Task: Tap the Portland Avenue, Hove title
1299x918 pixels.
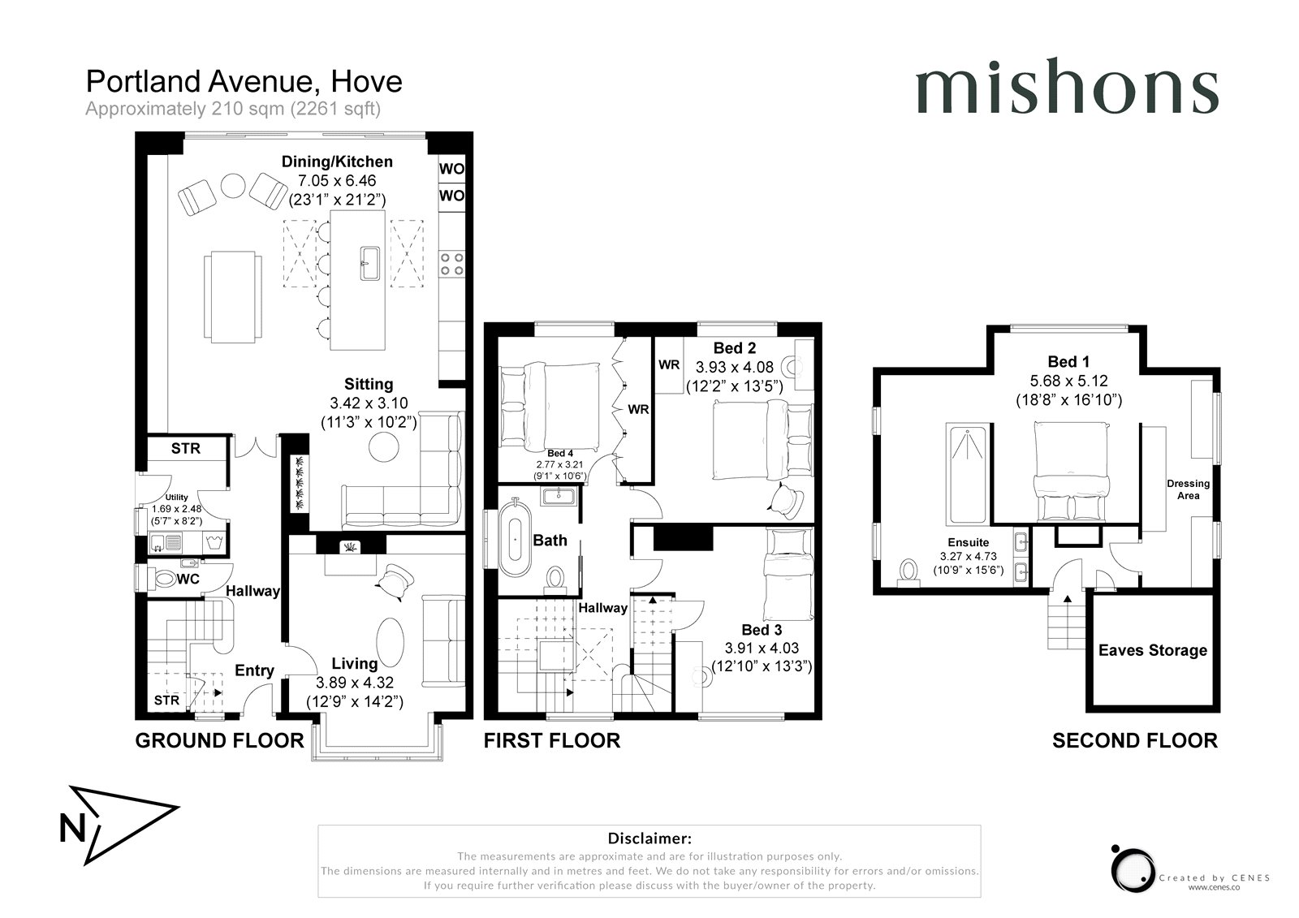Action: tap(244, 82)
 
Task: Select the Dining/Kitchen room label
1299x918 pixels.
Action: tap(337, 162)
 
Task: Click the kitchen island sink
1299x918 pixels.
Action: tap(370, 263)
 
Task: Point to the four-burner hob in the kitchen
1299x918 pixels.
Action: tap(451, 263)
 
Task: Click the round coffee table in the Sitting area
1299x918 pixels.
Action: tap(384, 447)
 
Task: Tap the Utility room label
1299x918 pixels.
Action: tap(176, 497)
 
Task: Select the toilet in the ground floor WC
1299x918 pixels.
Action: tap(165, 578)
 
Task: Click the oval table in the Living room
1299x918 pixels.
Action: tap(390, 642)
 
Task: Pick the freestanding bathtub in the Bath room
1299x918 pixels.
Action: tap(515, 539)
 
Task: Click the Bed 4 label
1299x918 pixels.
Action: tap(560, 454)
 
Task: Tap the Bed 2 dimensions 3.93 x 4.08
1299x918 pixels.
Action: tap(735, 367)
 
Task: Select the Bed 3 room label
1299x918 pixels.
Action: tap(762, 630)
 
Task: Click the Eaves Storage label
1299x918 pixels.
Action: tap(1153, 650)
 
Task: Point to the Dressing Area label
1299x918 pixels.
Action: tap(1189, 489)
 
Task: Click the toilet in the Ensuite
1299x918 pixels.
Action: tap(908, 572)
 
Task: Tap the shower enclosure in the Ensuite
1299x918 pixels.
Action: tap(967, 474)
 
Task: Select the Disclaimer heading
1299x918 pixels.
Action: tap(649, 838)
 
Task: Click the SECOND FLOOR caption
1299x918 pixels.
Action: tap(1135, 740)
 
